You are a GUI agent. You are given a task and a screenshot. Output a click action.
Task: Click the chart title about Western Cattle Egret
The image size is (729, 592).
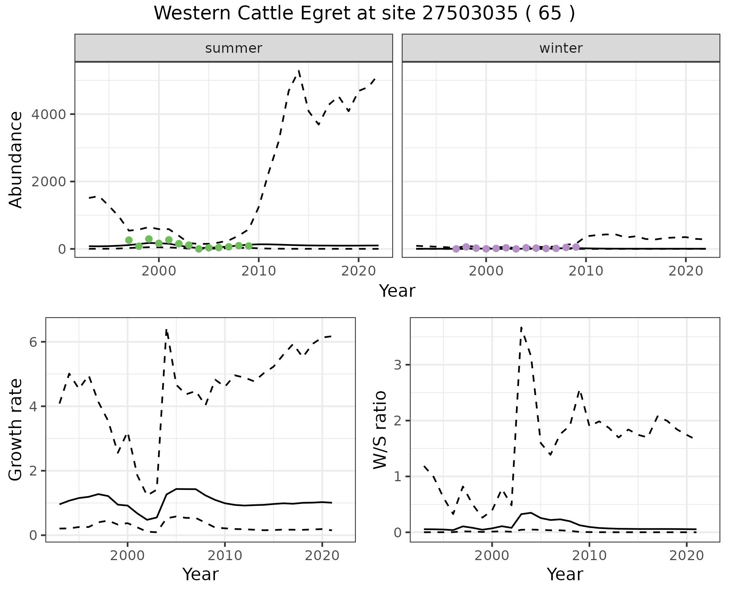coord(364,14)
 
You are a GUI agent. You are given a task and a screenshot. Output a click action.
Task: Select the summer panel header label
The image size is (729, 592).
coord(234,48)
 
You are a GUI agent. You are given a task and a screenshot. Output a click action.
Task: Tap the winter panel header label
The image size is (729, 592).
coord(561,48)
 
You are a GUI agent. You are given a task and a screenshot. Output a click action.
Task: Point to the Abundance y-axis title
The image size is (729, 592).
coord(16,160)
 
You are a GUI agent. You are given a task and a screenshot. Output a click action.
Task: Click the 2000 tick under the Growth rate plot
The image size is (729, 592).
coord(128,556)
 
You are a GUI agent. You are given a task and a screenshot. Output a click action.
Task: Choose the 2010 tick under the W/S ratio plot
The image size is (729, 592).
coord(589,556)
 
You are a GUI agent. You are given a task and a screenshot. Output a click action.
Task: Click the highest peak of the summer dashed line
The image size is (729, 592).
coord(299,71)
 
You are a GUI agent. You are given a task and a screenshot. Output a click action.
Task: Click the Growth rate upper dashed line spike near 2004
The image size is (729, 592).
coord(166,330)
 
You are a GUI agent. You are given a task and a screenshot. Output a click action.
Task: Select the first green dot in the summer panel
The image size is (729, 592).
coord(129,240)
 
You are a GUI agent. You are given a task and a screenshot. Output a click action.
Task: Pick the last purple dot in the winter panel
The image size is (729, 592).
coord(576,247)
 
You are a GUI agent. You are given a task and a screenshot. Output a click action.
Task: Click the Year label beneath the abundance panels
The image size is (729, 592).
coord(397,291)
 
